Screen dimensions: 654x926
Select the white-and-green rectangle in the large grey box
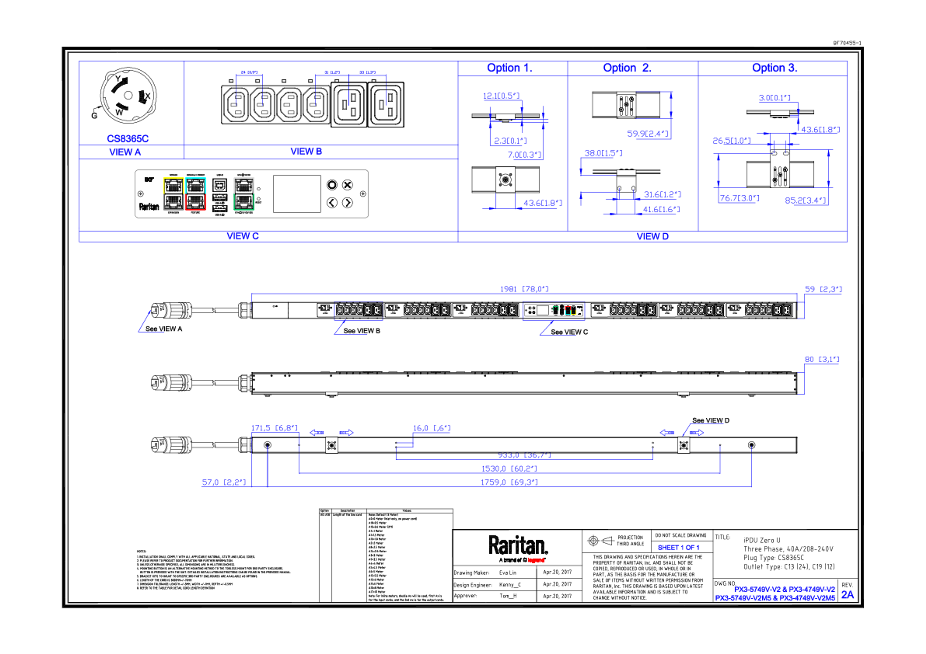(x=244, y=193)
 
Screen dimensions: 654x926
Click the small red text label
(x=536, y=560)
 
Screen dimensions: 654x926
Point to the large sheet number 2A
(x=847, y=595)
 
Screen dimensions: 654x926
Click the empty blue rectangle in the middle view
(x=358, y=311)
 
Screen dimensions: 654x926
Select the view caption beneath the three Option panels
(x=653, y=237)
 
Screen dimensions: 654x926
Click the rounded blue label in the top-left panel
(x=128, y=139)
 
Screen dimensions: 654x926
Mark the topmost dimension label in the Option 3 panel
(x=774, y=98)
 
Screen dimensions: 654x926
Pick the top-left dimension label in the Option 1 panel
(x=501, y=96)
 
